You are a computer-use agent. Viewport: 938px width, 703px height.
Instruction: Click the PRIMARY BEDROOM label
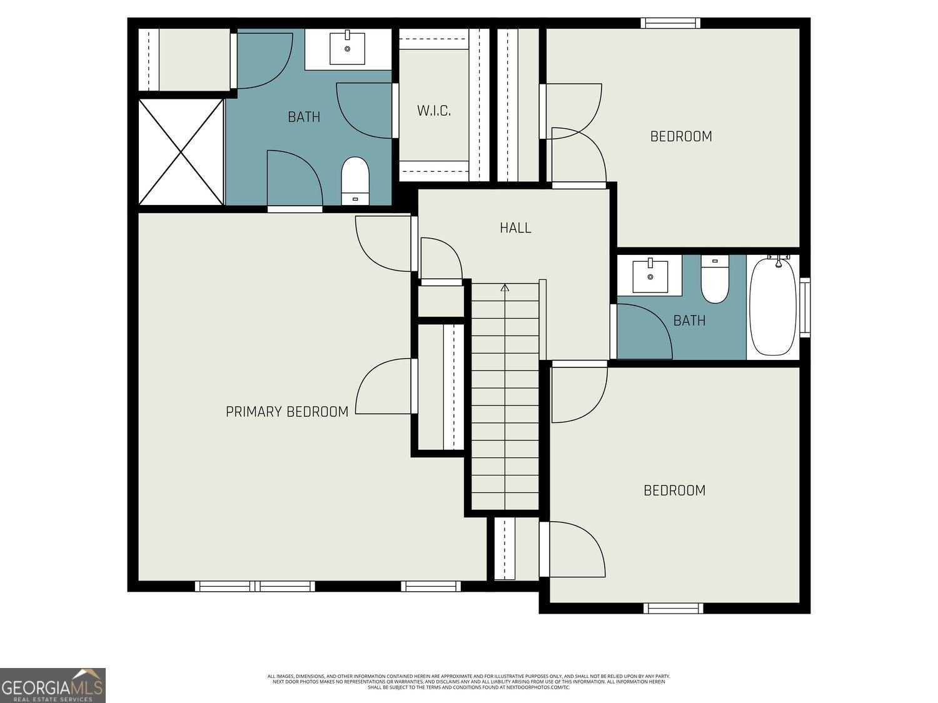click(287, 412)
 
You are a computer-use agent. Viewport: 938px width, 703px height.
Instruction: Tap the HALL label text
click(515, 228)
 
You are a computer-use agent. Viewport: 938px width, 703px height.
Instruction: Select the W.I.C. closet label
click(434, 111)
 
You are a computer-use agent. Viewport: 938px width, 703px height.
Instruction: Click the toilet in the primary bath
click(355, 180)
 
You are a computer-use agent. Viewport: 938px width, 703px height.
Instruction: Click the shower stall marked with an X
click(181, 152)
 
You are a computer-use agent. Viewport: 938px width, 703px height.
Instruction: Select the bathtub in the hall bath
click(773, 306)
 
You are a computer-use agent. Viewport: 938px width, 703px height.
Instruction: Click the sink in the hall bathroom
click(650, 276)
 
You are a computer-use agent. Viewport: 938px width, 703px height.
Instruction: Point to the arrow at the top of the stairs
click(505, 288)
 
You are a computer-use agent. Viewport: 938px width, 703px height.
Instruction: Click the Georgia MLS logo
click(53, 686)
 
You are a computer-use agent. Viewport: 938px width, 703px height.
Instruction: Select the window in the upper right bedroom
click(670, 23)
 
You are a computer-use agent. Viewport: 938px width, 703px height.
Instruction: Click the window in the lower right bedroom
click(673, 608)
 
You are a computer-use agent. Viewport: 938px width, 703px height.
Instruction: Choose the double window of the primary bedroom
click(255, 586)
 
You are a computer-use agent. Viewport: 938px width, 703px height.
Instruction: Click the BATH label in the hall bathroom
click(689, 321)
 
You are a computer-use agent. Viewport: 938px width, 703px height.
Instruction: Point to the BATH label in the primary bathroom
click(304, 117)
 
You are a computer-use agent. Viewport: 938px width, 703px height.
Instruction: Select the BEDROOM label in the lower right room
click(674, 491)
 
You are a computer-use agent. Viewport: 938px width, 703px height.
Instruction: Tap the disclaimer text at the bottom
click(468, 682)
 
